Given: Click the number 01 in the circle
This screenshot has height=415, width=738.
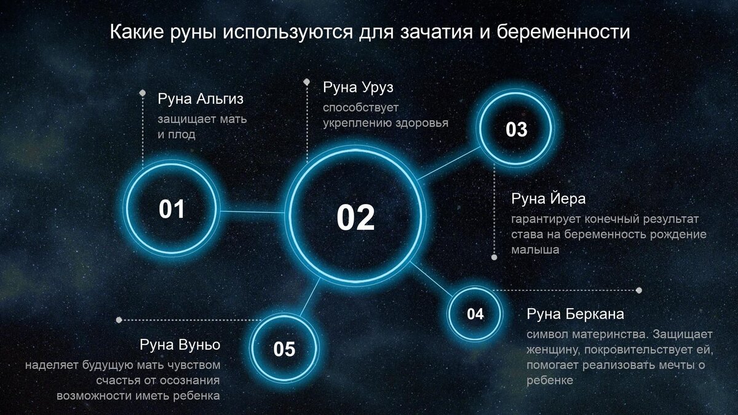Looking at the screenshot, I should [x=172, y=210].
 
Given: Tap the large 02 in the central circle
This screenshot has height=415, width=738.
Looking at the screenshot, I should [x=355, y=218].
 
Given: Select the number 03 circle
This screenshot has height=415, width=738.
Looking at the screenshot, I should [x=517, y=130].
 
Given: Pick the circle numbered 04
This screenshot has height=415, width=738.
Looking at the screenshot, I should [x=475, y=314].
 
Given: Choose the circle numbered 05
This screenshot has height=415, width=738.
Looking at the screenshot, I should [x=284, y=349].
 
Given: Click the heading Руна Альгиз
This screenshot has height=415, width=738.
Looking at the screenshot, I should [x=196, y=99].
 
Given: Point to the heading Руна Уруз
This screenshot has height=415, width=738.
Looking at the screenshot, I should [x=358, y=87].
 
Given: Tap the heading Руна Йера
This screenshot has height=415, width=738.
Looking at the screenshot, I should [x=548, y=199].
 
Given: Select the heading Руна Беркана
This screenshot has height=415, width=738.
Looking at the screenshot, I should [x=575, y=314].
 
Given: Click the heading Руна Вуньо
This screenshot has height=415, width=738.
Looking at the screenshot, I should [x=180, y=344].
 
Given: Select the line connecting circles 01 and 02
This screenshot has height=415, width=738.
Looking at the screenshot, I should [x=252, y=212].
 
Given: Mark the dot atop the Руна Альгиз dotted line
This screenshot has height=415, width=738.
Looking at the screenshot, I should [x=142, y=93].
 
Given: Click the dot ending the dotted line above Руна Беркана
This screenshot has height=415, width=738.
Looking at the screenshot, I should [x=639, y=290].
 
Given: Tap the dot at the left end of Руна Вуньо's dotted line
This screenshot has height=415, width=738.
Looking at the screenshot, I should [x=119, y=320].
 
